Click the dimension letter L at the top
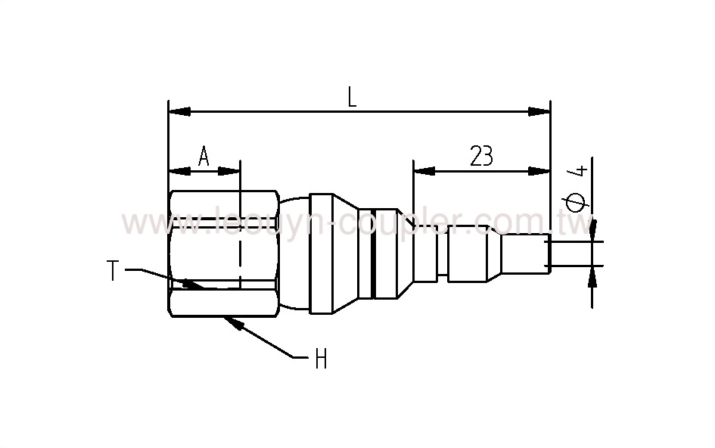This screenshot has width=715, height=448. tap(352, 97)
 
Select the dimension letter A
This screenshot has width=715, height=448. tap(204, 157)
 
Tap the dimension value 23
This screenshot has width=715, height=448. tap(481, 156)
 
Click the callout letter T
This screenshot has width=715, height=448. tap(113, 270)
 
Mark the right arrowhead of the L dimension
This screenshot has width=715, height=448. tap(540, 112)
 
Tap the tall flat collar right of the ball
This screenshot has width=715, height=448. tap(320, 254)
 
